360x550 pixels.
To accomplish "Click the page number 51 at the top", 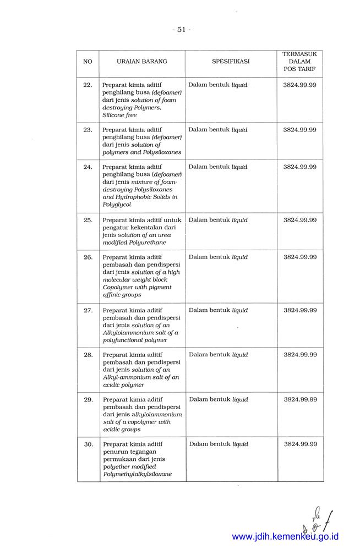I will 181,30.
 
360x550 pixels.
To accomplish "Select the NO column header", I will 88,62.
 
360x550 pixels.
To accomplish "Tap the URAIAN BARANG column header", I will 142,62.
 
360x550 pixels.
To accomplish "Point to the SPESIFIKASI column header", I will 231,62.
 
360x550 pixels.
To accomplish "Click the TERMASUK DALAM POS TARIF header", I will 300,62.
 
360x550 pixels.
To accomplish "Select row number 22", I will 88,85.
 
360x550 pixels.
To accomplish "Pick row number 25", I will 88,220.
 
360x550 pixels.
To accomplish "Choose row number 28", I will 88,355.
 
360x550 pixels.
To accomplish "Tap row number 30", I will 88,444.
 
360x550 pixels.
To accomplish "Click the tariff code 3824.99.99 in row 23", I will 300,130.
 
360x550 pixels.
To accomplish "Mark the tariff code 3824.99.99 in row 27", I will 300,310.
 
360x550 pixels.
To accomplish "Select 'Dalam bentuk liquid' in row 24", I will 218,167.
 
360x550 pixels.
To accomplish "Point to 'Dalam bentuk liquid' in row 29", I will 218,400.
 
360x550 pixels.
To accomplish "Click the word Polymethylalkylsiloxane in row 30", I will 137,474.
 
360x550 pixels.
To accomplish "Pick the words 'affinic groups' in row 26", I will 122,295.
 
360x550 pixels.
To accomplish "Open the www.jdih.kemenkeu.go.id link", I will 285,536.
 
